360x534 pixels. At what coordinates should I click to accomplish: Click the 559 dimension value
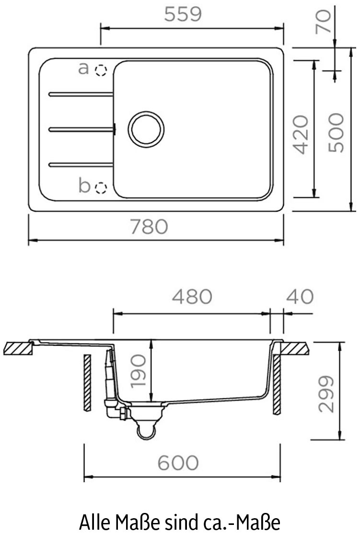pyautogui.click(x=182, y=15)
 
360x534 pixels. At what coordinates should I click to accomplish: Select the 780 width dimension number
pyautogui.click(x=150, y=227)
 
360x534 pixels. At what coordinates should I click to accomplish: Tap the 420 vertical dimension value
pyautogui.click(x=300, y=134)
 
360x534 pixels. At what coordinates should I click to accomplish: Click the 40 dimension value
pyautogui.click(x=300, y=296)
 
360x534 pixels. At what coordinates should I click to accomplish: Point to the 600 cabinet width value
pyautogui.click(x=178, y=463)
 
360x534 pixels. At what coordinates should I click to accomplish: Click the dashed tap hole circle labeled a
pyautogui.click(x=100, y=71)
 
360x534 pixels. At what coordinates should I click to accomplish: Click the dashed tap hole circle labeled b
pyautogui.click(x=100, y=187)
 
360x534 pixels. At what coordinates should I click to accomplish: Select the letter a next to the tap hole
pyautogui.click(x=84, y=69)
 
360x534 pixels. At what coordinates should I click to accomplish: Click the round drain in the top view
pyautogui.click(x=146, y=129)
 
